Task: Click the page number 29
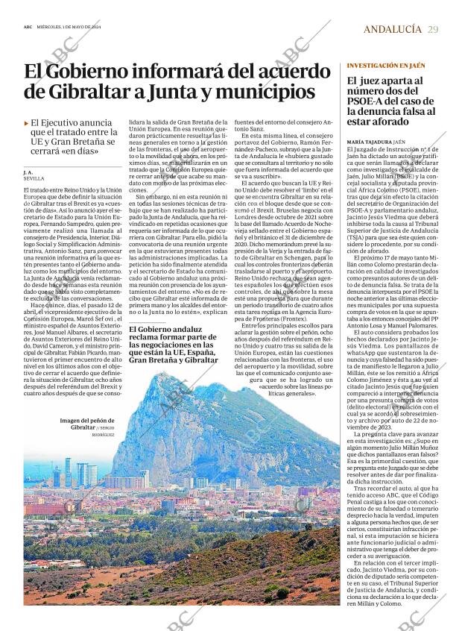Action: pos(433,29)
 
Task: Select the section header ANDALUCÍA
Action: pos(393,29)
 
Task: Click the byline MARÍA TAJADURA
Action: pos(370,141)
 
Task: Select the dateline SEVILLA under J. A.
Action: pos(34,180)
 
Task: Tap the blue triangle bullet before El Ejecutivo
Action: pos(26,122)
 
